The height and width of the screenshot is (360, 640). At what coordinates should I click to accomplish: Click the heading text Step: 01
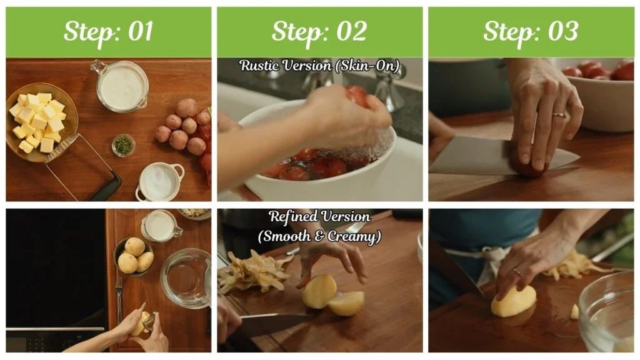(108, 31)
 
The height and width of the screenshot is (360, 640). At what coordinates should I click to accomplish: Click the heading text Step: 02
(319, 31)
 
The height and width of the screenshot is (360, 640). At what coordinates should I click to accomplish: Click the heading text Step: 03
(531, 31)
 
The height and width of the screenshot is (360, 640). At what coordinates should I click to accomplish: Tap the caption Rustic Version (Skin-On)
(319, 65)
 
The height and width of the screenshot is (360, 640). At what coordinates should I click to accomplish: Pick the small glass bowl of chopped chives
(123, 145)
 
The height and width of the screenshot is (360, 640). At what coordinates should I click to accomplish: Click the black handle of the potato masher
(106, 187)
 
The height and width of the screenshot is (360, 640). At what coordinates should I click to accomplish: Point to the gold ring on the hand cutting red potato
(559, 115)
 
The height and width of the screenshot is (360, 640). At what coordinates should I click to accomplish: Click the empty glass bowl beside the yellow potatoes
(185, 278)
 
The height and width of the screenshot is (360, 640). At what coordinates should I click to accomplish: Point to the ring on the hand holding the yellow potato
(516, 272)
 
